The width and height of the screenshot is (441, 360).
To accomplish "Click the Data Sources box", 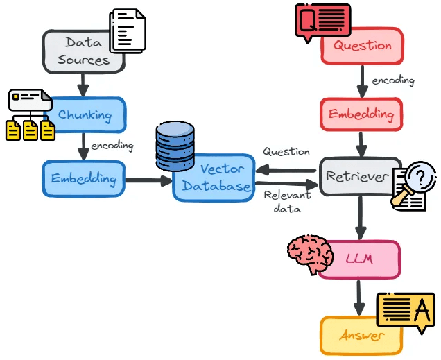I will coord(83,51).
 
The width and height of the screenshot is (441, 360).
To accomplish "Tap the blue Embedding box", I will coord(83,178).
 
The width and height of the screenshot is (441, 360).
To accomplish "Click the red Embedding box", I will coord(361,114).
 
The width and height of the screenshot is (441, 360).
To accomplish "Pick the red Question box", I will coord(362,45).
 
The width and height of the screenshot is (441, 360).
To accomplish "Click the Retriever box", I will coord(356,176).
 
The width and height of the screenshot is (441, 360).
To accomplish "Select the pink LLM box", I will coord(359,259).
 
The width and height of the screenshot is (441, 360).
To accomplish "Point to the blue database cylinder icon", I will coord(175,146).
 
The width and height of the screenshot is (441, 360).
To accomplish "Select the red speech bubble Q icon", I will coord(322,19).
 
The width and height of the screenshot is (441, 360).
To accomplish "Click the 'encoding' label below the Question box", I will coord(393,80).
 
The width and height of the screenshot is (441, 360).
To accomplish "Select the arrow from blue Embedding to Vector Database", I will coord(149,180).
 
